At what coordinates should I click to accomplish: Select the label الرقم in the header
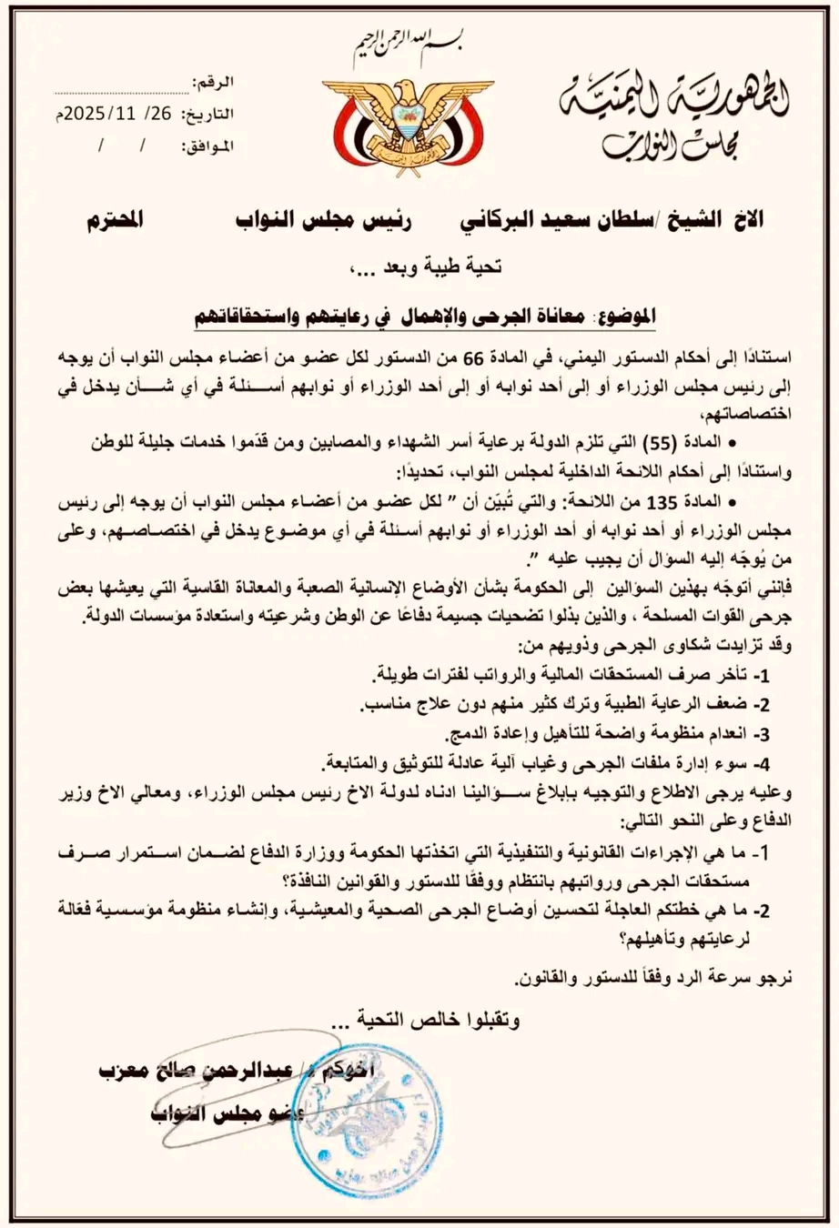[216, 83]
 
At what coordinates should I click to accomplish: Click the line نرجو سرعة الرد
[655, 980]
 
